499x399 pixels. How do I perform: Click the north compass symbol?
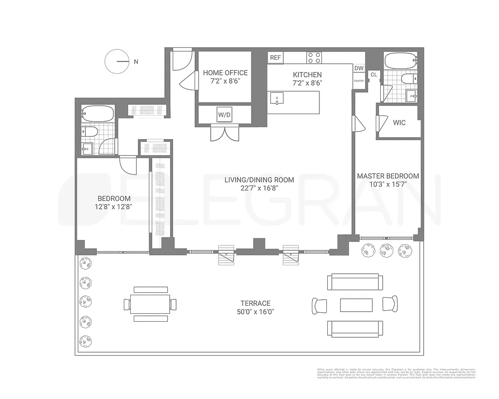pos(117,62)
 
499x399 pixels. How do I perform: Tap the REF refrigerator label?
pos(275,58)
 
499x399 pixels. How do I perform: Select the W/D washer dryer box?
pos(224,115)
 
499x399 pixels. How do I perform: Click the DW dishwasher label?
pos(359,68)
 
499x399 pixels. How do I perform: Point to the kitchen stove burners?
pos(314,58)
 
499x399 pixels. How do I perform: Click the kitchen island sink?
pos(276,98)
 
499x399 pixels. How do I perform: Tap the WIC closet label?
pos(399,122)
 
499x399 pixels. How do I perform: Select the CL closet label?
pos(374,75)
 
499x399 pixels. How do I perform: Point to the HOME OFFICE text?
pos(225,73)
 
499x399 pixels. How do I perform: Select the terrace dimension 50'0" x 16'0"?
pos(255,312)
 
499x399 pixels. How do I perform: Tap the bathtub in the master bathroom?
pos(401,62)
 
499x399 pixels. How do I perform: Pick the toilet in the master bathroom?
pos(409,79)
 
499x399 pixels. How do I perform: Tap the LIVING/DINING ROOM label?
pos(258,180)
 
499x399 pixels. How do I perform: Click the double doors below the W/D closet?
pos(225,133)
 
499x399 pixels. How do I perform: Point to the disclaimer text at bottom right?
pos(396,374)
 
